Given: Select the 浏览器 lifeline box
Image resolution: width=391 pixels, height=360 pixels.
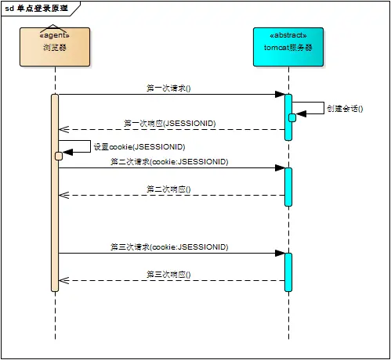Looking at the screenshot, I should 55,47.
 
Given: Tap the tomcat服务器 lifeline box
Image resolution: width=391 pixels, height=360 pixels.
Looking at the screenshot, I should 288,47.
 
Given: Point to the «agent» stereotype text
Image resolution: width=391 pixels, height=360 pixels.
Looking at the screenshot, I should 55,35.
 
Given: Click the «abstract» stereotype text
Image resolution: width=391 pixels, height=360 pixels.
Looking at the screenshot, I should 288,35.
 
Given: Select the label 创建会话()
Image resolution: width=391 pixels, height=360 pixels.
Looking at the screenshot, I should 345,109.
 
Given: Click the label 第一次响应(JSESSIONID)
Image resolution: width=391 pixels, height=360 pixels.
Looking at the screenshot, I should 170,123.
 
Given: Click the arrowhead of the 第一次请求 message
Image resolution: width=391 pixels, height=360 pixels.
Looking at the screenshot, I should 279,95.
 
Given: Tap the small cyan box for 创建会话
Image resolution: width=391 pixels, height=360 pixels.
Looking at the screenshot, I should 292,117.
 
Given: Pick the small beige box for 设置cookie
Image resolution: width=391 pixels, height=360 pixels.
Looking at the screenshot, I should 59,156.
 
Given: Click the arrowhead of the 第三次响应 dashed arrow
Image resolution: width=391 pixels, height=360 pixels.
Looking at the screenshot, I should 63,280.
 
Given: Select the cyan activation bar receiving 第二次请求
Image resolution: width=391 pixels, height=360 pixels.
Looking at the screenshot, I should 288,186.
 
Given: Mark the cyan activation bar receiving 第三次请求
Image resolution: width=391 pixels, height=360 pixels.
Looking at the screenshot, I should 288,271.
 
